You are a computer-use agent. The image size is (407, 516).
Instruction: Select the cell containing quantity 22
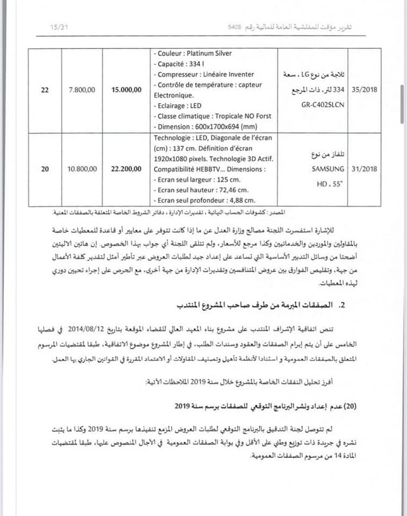tap(44, 90)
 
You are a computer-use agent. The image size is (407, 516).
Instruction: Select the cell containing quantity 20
tap(44, 169)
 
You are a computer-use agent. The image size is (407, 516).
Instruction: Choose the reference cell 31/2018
tap(362, 169)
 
